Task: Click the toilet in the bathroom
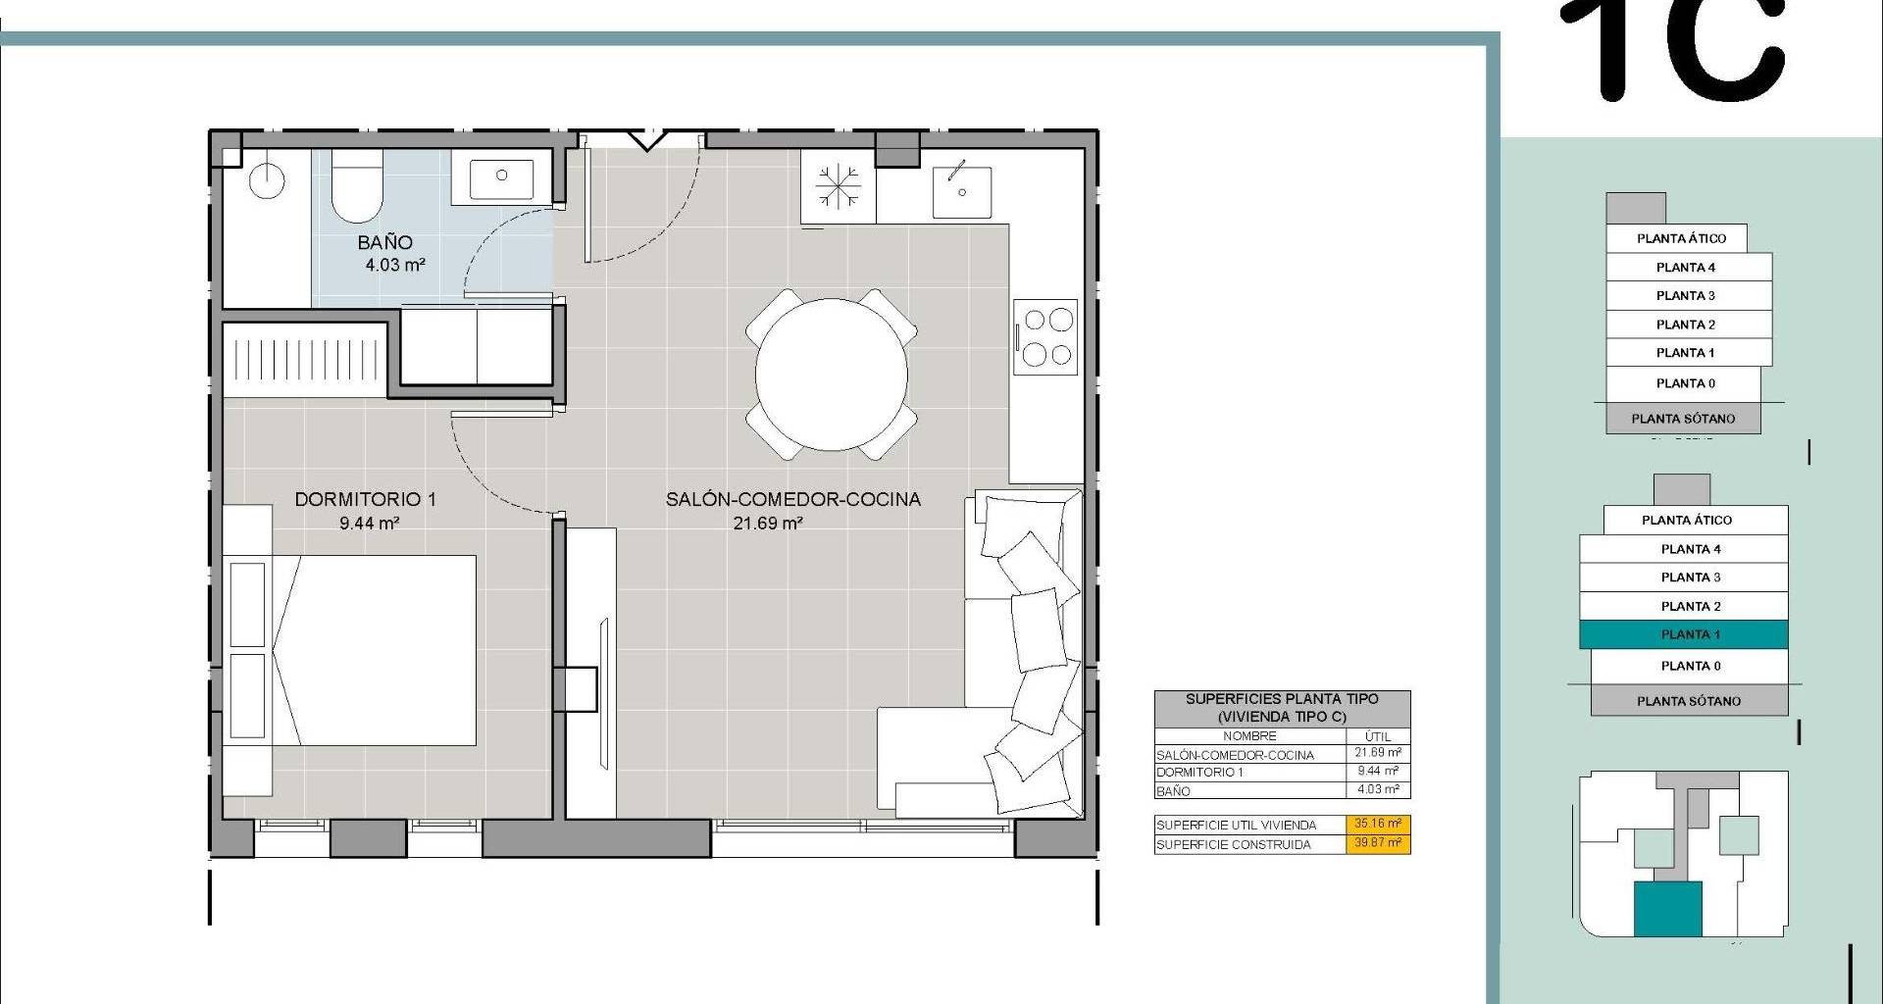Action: [x=356, y=186]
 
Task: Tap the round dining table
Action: [x=832, y=374]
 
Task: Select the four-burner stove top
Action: [x=1046, y=336]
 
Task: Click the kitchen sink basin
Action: [x=961, y=191]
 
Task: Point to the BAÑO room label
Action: [x=385, y=242]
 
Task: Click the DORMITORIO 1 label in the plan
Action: [x=366, y=499]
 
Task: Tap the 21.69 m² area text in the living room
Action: [x=768, y=524]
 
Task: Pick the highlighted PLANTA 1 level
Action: [x=1684, y=634]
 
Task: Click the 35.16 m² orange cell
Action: [x=1378, y=825]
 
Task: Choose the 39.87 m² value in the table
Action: [x=1378, y=843]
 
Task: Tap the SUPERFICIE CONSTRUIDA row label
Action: [x=1234, y=845]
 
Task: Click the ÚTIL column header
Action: [x=1378, y=736]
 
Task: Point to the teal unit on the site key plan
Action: [x=1667, y=909]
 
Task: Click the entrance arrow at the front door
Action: [x=646, y=140]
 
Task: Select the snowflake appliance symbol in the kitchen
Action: [x=838, y=185]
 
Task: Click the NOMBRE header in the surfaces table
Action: [x=1249, y=736]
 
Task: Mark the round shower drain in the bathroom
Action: [x=266, y=180]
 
